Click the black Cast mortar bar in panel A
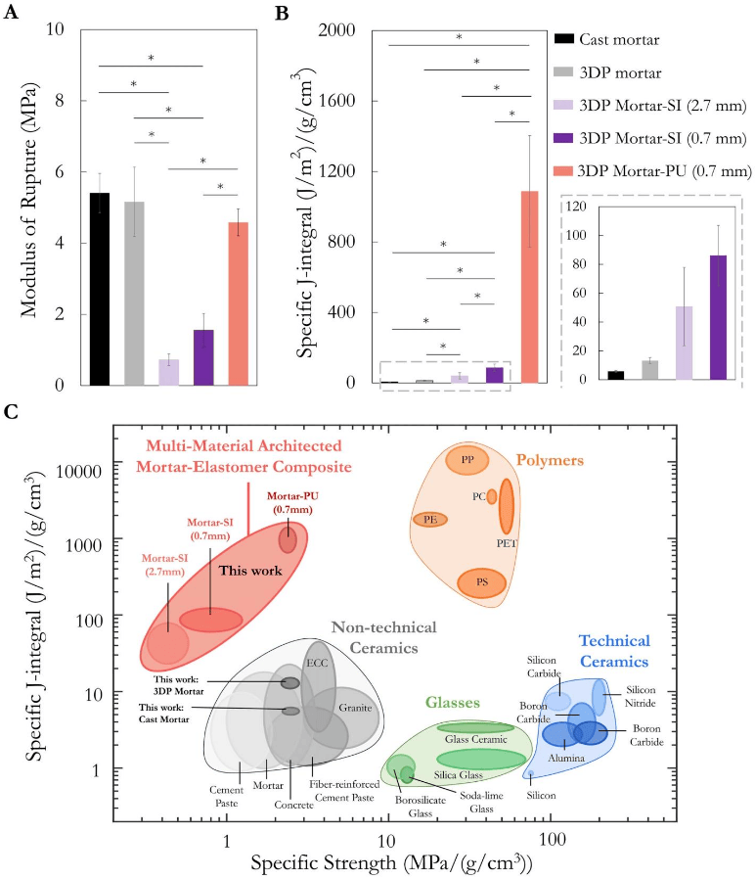pos(99,289)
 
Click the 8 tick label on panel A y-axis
pos(59,100)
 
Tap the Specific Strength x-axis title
pos(391,862)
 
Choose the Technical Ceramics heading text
pos(614,650)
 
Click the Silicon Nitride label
pos(641,696)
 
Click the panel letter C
pos(11,411)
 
